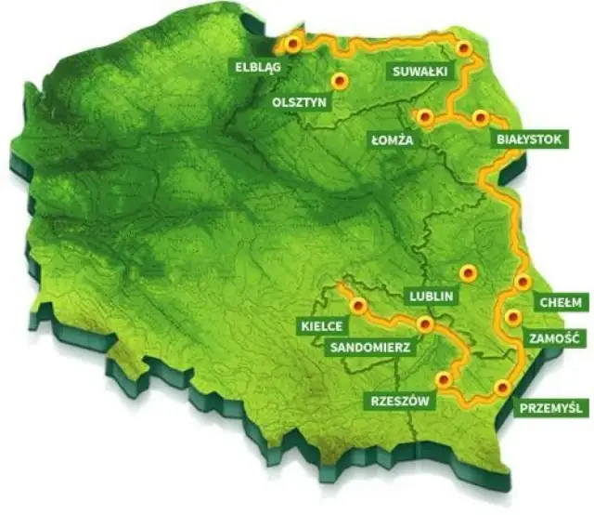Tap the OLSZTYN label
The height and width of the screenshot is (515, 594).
pyautogui.click(x=300, y=102)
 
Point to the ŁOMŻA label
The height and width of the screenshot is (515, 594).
pyautogui.click(x=391, y=139)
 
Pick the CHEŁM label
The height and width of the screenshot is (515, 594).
pyautogui.click(x=561, y=302)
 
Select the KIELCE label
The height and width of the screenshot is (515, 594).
pyautogui.click(x=322, y=325)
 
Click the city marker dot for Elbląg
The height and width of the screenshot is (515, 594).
pyautogui.click(x=293, y=43)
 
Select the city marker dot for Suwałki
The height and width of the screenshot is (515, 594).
pyautogui.click(x=464, y=48)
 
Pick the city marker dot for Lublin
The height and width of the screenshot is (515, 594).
pyautogui.click(x=468, y=272)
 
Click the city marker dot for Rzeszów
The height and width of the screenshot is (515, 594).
pyautogui.click(x=444, y=379)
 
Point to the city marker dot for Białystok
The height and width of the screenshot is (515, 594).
pyautogui.click(x=480, y=117)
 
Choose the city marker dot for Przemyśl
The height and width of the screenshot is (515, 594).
pyautogui.click(x=502, y=388)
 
